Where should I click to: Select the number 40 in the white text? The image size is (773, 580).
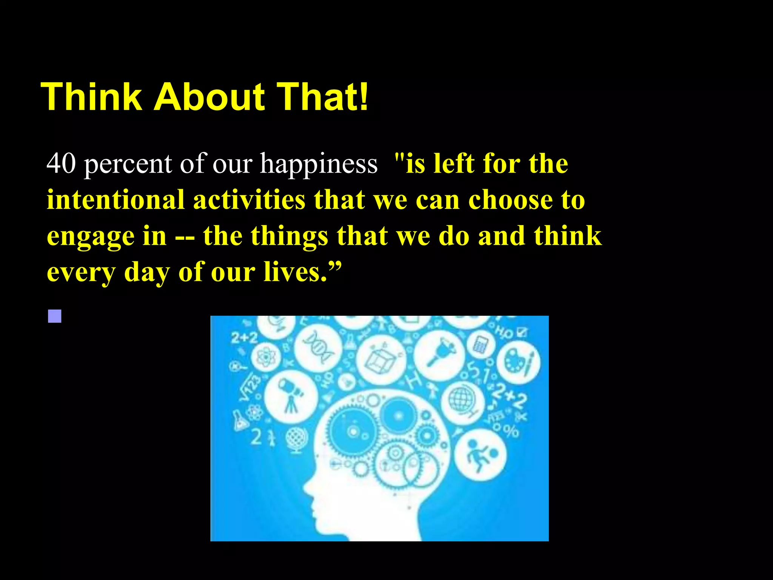click(x=61, y=164)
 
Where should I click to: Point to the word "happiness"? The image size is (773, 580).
click(x=319, y=165)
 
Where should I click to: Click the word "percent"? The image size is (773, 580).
click(x=128, y=165)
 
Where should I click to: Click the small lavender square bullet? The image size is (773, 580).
click(x=55, y=316)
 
